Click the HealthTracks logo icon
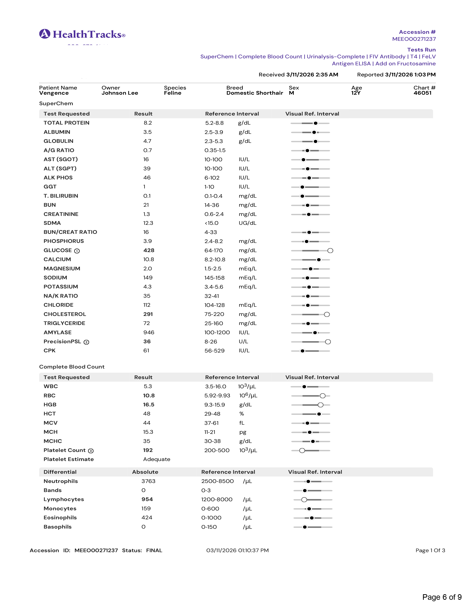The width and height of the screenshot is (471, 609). [45, 34]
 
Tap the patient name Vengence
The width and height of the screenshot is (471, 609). [54, 93]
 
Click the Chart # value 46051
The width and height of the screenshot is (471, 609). [422, 93]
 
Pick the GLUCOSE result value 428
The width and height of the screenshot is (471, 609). [149, 250]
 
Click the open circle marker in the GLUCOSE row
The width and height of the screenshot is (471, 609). [330, 251]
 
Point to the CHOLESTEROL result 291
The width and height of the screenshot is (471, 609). [148, 314]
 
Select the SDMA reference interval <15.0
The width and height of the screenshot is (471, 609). [211, 223]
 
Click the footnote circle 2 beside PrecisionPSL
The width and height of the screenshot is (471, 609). [86, 342]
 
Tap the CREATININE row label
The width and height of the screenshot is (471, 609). [61, 214]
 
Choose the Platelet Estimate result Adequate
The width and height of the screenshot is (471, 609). [156, 459]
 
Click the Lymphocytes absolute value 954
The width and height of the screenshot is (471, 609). [147, 499]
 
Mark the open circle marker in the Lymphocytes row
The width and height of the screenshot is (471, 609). [304, 500]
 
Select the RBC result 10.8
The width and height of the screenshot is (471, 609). [149, 396]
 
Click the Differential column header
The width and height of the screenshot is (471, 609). [60, 472]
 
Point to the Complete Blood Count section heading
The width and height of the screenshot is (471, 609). [72, 367]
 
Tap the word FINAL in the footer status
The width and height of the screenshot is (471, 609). [154, 550]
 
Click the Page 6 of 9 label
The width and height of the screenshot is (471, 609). [442, 597]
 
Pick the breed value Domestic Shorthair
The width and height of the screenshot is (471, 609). [255, 93]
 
